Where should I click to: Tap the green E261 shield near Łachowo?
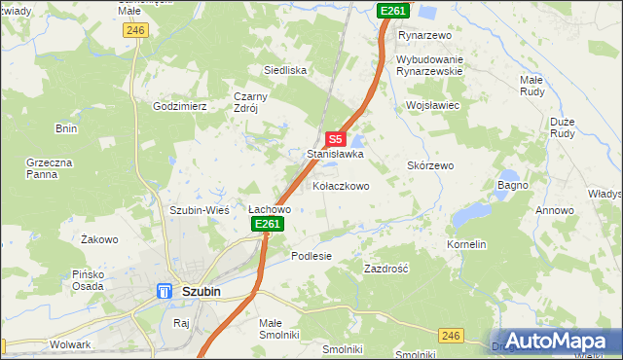click(268, 224)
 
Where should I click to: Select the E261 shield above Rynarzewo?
click(393, 10)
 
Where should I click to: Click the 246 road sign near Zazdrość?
click(450, 334)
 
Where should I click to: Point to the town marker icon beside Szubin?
click(165, 291)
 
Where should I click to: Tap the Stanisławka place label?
click(335, 154)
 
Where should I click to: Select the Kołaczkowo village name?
click(341, 185)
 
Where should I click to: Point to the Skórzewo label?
click(430, 165)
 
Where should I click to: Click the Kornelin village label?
click(466, 244)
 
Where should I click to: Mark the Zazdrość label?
click(385, 268)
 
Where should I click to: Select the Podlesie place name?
click(311, 255)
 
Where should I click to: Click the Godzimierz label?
click(180, 106)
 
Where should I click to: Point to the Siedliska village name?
click(286, 70)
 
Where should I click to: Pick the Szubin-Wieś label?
click(199, 209)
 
